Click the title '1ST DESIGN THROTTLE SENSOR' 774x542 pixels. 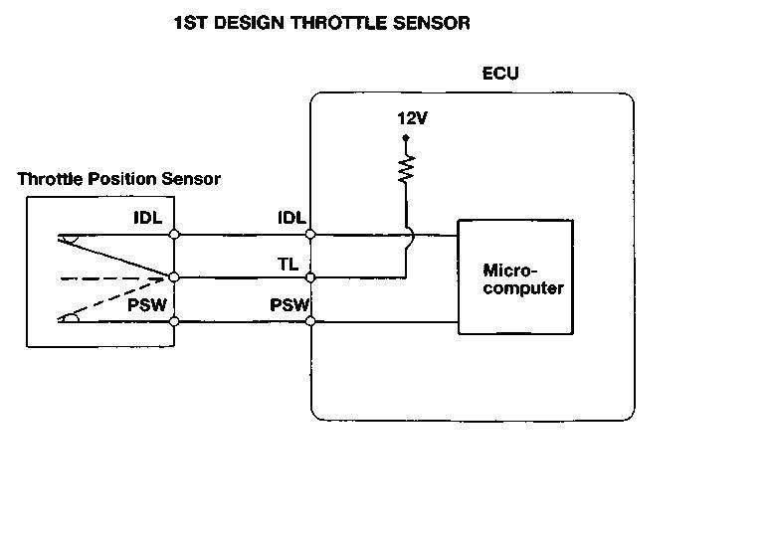321,23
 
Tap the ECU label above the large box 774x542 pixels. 500,74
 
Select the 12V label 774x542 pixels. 411,118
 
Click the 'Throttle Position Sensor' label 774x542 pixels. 119,179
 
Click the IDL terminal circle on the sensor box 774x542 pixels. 174,235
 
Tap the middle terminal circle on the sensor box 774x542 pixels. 174,277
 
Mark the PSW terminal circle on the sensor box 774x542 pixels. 174,321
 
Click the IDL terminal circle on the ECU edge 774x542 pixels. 310,235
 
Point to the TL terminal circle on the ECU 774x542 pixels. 310,277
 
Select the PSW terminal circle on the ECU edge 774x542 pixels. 310,321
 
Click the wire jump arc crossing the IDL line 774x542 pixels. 408,235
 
